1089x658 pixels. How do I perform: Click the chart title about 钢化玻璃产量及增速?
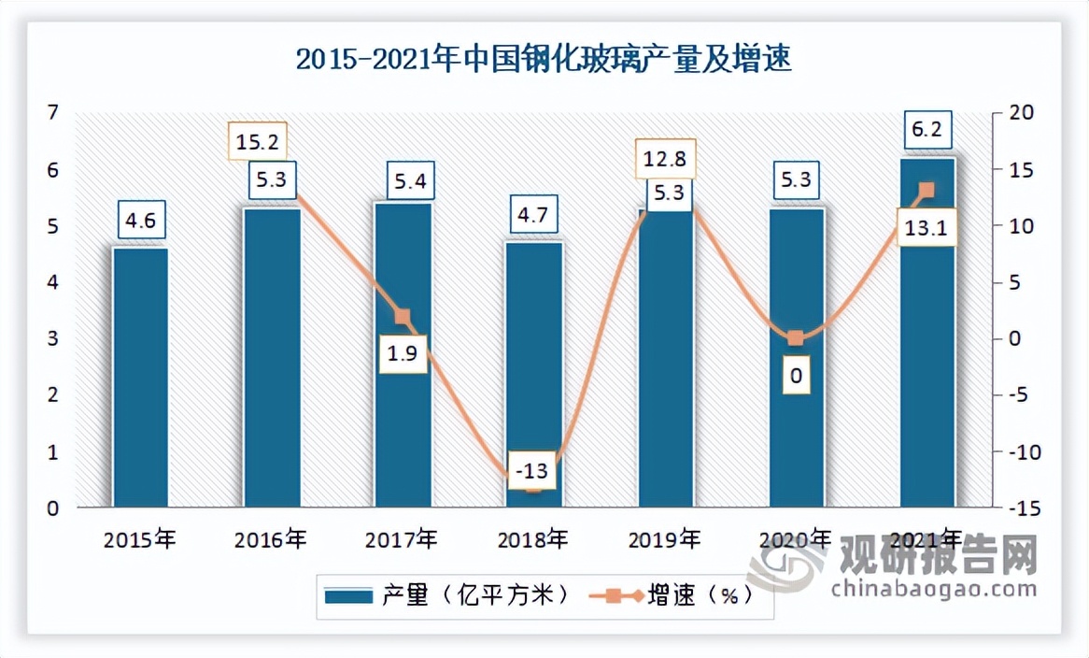(x=544, y=60)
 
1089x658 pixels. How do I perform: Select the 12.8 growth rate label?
(x=665, y=159)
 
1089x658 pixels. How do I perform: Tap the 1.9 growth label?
(x=403, y=354)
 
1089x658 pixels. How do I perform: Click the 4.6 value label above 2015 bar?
(x=141, y=221)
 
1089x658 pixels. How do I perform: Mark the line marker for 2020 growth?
(x=795, y=338)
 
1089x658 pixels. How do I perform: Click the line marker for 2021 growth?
(x=926, y=191)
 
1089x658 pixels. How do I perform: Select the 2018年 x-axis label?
(x=532, y=539)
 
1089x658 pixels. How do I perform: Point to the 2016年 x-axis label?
(x=271, y=539)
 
